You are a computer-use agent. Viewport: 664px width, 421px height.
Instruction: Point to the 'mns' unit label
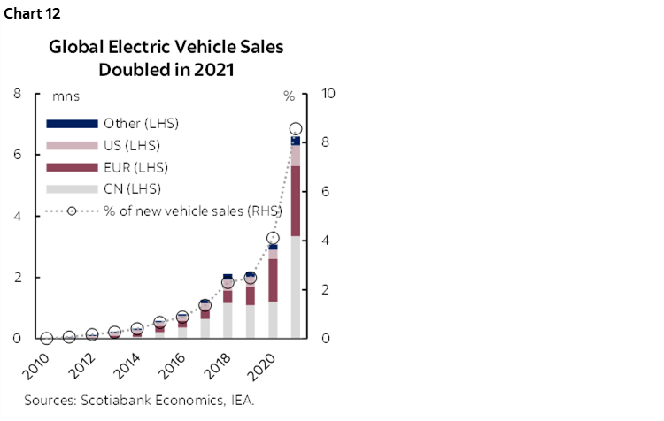[x=66, y=96]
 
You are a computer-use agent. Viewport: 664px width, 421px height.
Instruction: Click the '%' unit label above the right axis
[x=289, y=96]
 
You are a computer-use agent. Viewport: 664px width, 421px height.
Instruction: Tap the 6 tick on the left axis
[x=18, y=155]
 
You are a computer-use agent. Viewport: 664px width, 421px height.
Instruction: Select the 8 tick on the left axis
[x=18, y=93]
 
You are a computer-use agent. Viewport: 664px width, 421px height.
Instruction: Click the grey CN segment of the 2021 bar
[x=296, y=287]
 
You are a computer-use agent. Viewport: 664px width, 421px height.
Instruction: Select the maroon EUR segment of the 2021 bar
[x=296, y=201]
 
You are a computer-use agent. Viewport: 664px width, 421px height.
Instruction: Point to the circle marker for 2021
[x=296, y=129]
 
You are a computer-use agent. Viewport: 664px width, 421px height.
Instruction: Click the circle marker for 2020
[x=274, y=238]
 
